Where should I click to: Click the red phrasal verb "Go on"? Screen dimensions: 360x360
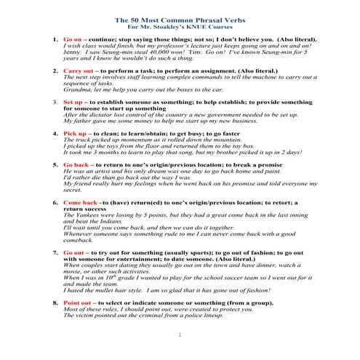[x=73, y=34]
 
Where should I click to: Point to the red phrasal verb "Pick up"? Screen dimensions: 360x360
[x=75, y=135]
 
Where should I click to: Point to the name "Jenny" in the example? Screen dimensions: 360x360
[x=72, y=53]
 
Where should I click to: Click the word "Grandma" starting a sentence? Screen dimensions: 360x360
[x=77, y=89]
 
